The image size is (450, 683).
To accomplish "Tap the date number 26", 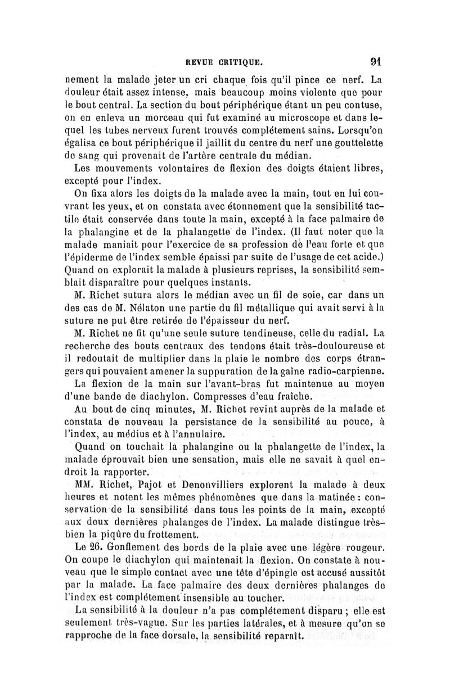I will (x=92, y=546).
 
